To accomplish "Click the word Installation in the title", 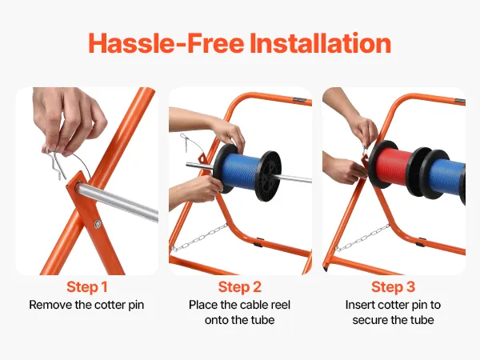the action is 320,43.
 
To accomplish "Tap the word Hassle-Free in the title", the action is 166,43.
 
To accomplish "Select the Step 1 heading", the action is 87,287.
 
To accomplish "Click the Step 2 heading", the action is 240,287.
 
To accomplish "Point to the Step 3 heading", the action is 393,287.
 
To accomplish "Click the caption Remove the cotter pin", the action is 86,305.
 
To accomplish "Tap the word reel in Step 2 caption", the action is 280,305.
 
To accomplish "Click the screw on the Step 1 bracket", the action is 98,224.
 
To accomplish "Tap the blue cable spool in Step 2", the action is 240,172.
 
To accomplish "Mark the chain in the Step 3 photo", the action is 362,238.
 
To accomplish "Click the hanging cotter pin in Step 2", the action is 185,142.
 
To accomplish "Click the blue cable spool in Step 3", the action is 445,176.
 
